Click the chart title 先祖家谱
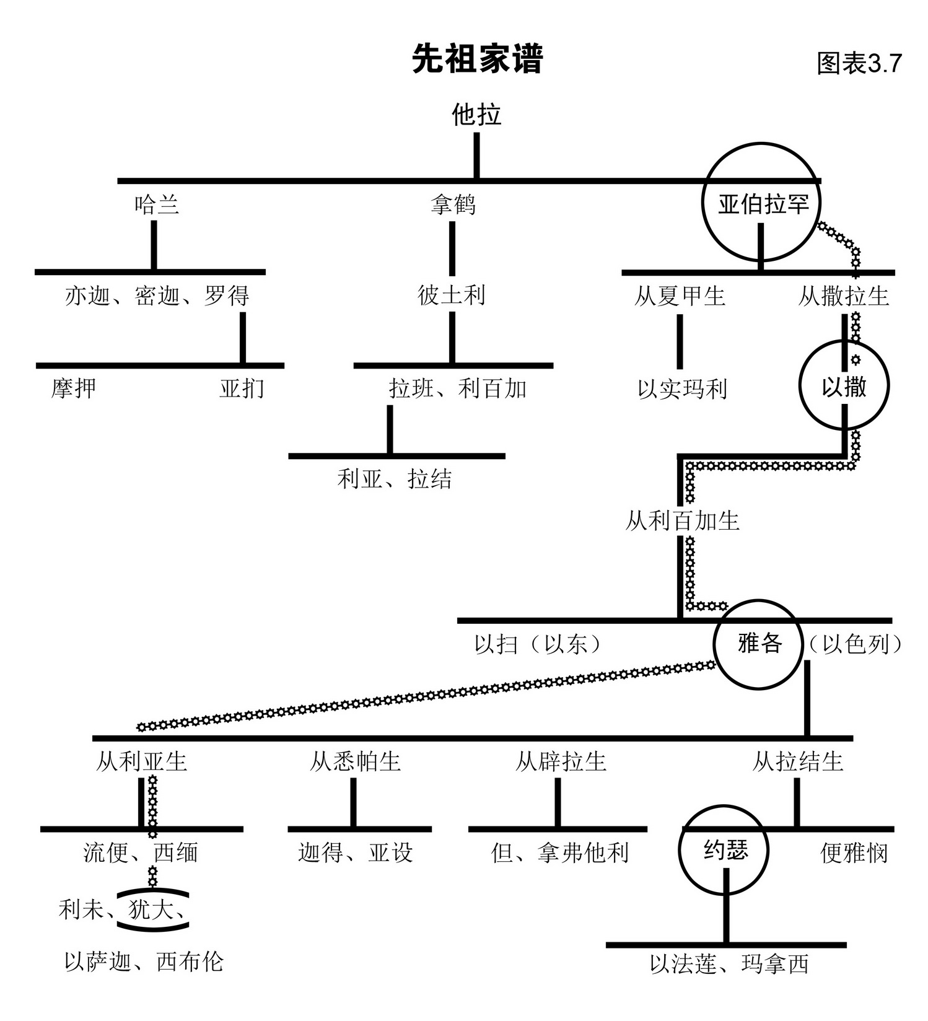click(477, 59)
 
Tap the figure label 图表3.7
click(859, 63)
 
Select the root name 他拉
click(476, 115)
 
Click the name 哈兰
click(157, 204)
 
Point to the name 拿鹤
click(453, 204)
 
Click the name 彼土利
click(451, 295)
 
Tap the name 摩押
click(74, 388)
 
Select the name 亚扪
click(242, 388)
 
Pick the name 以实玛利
click(682, 389)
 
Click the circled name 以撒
click(844, 387)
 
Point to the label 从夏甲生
click(679, 296)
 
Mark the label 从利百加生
click(682, 520)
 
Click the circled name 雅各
click(759, 643)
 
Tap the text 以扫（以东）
click(538, 644)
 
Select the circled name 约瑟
click(725, 850)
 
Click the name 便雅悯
click(854, 853)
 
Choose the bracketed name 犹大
click(151, 909)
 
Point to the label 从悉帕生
click(355, 761)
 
